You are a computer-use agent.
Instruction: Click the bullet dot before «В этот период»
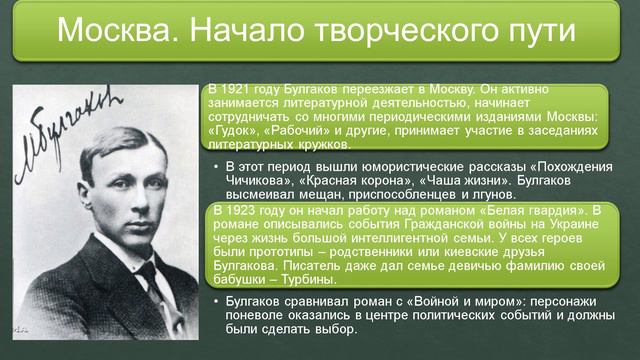(216, 166)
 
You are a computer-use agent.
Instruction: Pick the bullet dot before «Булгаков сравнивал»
(216, 296)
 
